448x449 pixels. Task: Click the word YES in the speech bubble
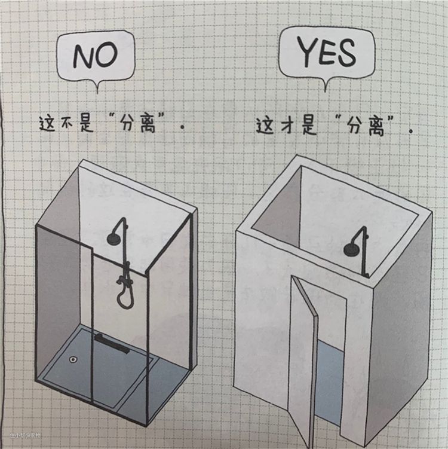326,53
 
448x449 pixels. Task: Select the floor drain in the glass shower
73,359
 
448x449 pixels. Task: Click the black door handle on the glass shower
112,344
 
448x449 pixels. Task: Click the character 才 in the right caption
286,126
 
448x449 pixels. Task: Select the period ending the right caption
411,131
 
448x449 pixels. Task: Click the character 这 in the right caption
265,126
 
